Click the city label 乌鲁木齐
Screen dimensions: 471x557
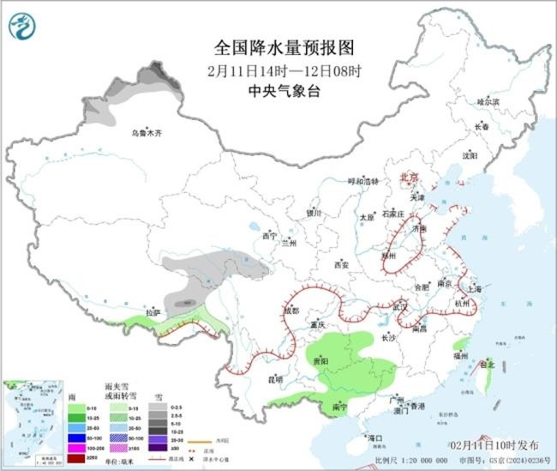(x=147, y=134)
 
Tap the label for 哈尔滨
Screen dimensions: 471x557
(x=487, y=102)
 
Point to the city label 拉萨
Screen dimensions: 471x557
(x=153, y=312)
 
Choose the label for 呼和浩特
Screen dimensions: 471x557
(x=362, y=181)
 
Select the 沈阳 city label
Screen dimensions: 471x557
(x=470, y=156)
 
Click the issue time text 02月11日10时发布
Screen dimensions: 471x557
(x=494, y=445)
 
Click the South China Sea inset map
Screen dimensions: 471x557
(x=32, y=425)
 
